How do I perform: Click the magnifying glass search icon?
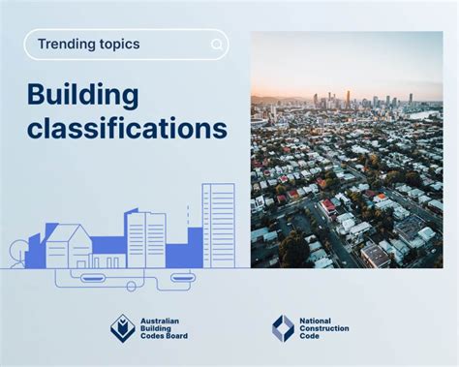pyautogui.click(x=217, y=45)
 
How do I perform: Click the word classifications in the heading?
pyautogui.click(x=127, y=129)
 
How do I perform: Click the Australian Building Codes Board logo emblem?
pyautogui.click(x=123, y=329)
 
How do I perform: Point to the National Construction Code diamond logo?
pyautogui.click(x=283, y=328)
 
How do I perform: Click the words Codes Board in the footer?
pyautogui.click(x=165, y=338)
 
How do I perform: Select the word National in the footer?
pyautogui.click(x=318, y=319)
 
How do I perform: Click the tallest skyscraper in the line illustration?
pyautogui.click(x=218, y=225)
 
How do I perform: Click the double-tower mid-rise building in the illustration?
pyautogui.click(x=146, y=239)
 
